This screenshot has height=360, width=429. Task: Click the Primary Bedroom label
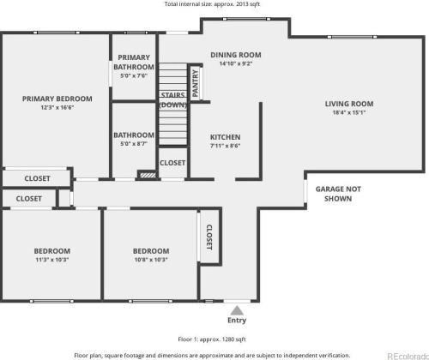57,99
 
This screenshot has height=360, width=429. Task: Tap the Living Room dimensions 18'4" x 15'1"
348,112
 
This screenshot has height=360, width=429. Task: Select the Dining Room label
235,55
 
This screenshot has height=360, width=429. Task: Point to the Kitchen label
226,137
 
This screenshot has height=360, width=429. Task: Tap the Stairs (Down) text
173,100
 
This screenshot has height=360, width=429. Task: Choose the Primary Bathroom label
135,63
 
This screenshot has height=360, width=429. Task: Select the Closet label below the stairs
172,162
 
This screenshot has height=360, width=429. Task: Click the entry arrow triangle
237,309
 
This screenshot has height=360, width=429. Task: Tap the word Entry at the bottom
237,321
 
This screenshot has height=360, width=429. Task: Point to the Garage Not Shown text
337,193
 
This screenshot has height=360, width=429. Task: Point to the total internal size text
214,4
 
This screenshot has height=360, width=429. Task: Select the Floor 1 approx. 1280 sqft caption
214,339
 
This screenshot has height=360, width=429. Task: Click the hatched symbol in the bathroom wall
147,174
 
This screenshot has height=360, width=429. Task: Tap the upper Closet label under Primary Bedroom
37,178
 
